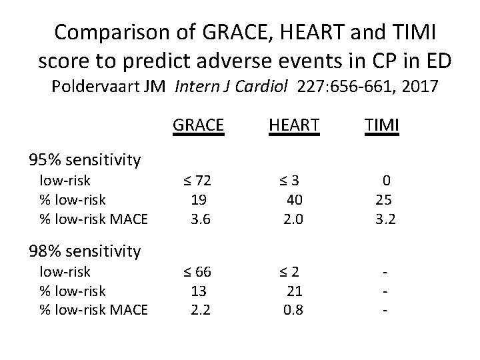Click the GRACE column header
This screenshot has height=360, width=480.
[198, 124]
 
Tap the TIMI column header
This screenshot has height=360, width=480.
[382, 124]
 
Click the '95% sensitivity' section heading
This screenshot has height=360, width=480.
[85, 159]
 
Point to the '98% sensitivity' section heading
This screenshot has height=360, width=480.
[85, 251]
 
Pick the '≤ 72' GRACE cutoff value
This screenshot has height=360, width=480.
[197, 180]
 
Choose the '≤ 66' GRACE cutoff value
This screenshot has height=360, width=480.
[197, 272]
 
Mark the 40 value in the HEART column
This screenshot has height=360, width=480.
[293, 199]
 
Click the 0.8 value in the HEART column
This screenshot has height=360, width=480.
[293, 309]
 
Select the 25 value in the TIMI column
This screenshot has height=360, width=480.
[385, 199]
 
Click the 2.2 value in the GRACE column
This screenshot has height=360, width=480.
[198, 309]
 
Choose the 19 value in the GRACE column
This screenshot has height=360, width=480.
[198, 199]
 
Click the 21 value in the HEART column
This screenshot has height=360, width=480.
[293, 291]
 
